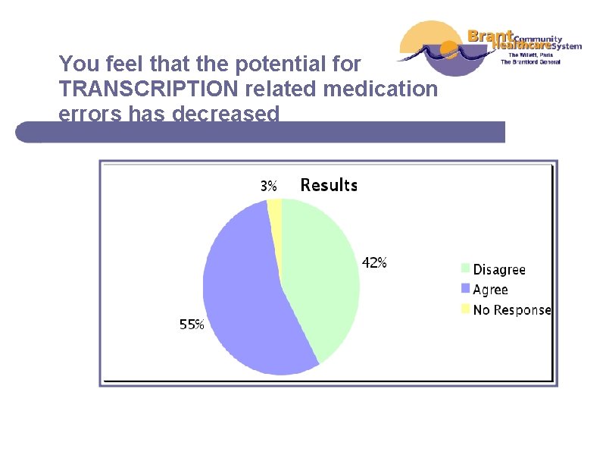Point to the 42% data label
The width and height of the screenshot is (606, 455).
click(x=374, y=263)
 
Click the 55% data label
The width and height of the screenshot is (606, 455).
click(x=192, y=325)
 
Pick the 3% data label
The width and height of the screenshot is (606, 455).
click(x=269, y=185)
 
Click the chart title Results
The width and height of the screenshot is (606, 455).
click(x=329, y=185)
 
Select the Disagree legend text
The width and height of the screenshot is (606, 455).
click(x=499, y=270)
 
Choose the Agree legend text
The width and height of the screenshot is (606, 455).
click(x=490, y=290)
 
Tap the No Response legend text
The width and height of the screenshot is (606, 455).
click(x=512, y=309)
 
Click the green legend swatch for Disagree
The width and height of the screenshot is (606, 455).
click(x=465, y=268)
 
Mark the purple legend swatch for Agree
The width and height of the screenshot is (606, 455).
click(x=465, y=289)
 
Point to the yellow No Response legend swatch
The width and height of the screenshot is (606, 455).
click(x=465, y=309)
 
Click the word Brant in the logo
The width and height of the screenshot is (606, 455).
click(x=491, y=36)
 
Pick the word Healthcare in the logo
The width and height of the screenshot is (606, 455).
click(x=522, y=45)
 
